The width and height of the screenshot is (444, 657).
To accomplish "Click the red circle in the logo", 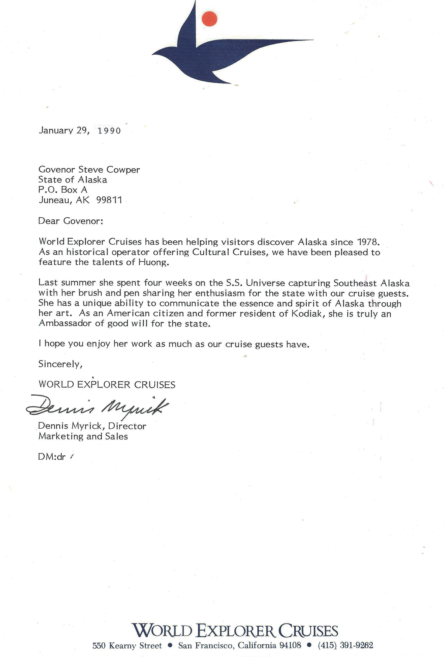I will (210, 19).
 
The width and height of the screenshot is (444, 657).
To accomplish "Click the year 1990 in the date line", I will (109, 131).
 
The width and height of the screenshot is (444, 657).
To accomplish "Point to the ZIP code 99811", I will (109, 200).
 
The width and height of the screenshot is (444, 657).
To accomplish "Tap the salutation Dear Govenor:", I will (71, 221).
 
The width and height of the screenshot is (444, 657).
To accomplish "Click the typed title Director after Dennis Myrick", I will (127, 426).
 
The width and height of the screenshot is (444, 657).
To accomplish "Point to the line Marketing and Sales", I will (83, 436).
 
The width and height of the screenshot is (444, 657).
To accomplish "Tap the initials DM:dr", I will (52, 457).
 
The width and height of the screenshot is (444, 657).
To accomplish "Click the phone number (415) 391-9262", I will (345, 645).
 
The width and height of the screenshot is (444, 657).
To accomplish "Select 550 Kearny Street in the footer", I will (127, 645).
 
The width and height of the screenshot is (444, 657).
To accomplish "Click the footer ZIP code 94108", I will (290, 645).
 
